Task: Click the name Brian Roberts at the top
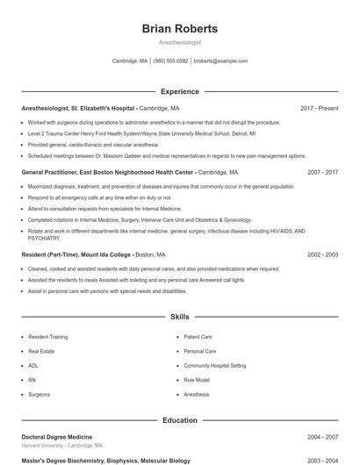(179, 29)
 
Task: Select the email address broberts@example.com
(220, 61)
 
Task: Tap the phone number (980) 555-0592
(170, 61)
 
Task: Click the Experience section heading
(179, 91)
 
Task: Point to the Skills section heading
(179, 317)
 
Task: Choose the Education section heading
(179, 420)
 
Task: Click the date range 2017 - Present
(319, 108)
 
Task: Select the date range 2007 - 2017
(322, 173)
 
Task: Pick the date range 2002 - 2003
(322, 254)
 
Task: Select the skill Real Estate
(40, 351)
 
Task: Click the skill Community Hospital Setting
(214, 365)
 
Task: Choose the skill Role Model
(197, 380)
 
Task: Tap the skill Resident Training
(47, 337)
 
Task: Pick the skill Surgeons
(39, 395)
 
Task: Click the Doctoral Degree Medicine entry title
(56, 437)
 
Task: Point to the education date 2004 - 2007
(322, 437)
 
